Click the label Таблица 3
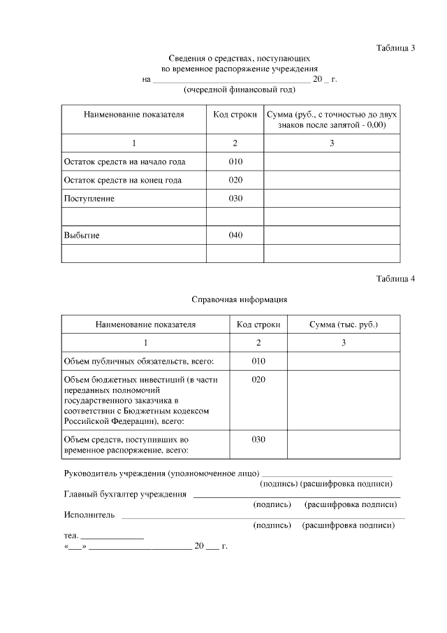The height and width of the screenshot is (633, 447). tap(395, 48)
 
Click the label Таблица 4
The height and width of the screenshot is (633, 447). tap(395, 279)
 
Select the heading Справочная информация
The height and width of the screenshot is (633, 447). tap(240, 299)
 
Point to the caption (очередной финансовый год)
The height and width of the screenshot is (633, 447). tap(239, 90)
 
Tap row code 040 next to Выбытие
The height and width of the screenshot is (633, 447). tap(235, 235)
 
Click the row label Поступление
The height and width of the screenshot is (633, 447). tap(89, 199)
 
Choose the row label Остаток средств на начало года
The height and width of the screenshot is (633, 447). tap(124, 162)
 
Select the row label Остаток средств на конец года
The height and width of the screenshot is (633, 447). tap(122, 180)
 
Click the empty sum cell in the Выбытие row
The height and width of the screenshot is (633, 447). tap(332, 235)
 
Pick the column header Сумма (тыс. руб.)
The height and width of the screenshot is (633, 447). tap(344, 325)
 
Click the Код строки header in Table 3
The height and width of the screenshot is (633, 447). tap(235, 114)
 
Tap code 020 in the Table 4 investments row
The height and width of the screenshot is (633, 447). tap(258, 379)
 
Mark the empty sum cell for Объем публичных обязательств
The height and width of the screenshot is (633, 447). tap(344, 361)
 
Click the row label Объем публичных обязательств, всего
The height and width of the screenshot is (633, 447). tap(138, 361)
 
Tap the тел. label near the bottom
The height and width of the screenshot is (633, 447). tap(71, 535)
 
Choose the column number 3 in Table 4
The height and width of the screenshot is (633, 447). tap(344, 343)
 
